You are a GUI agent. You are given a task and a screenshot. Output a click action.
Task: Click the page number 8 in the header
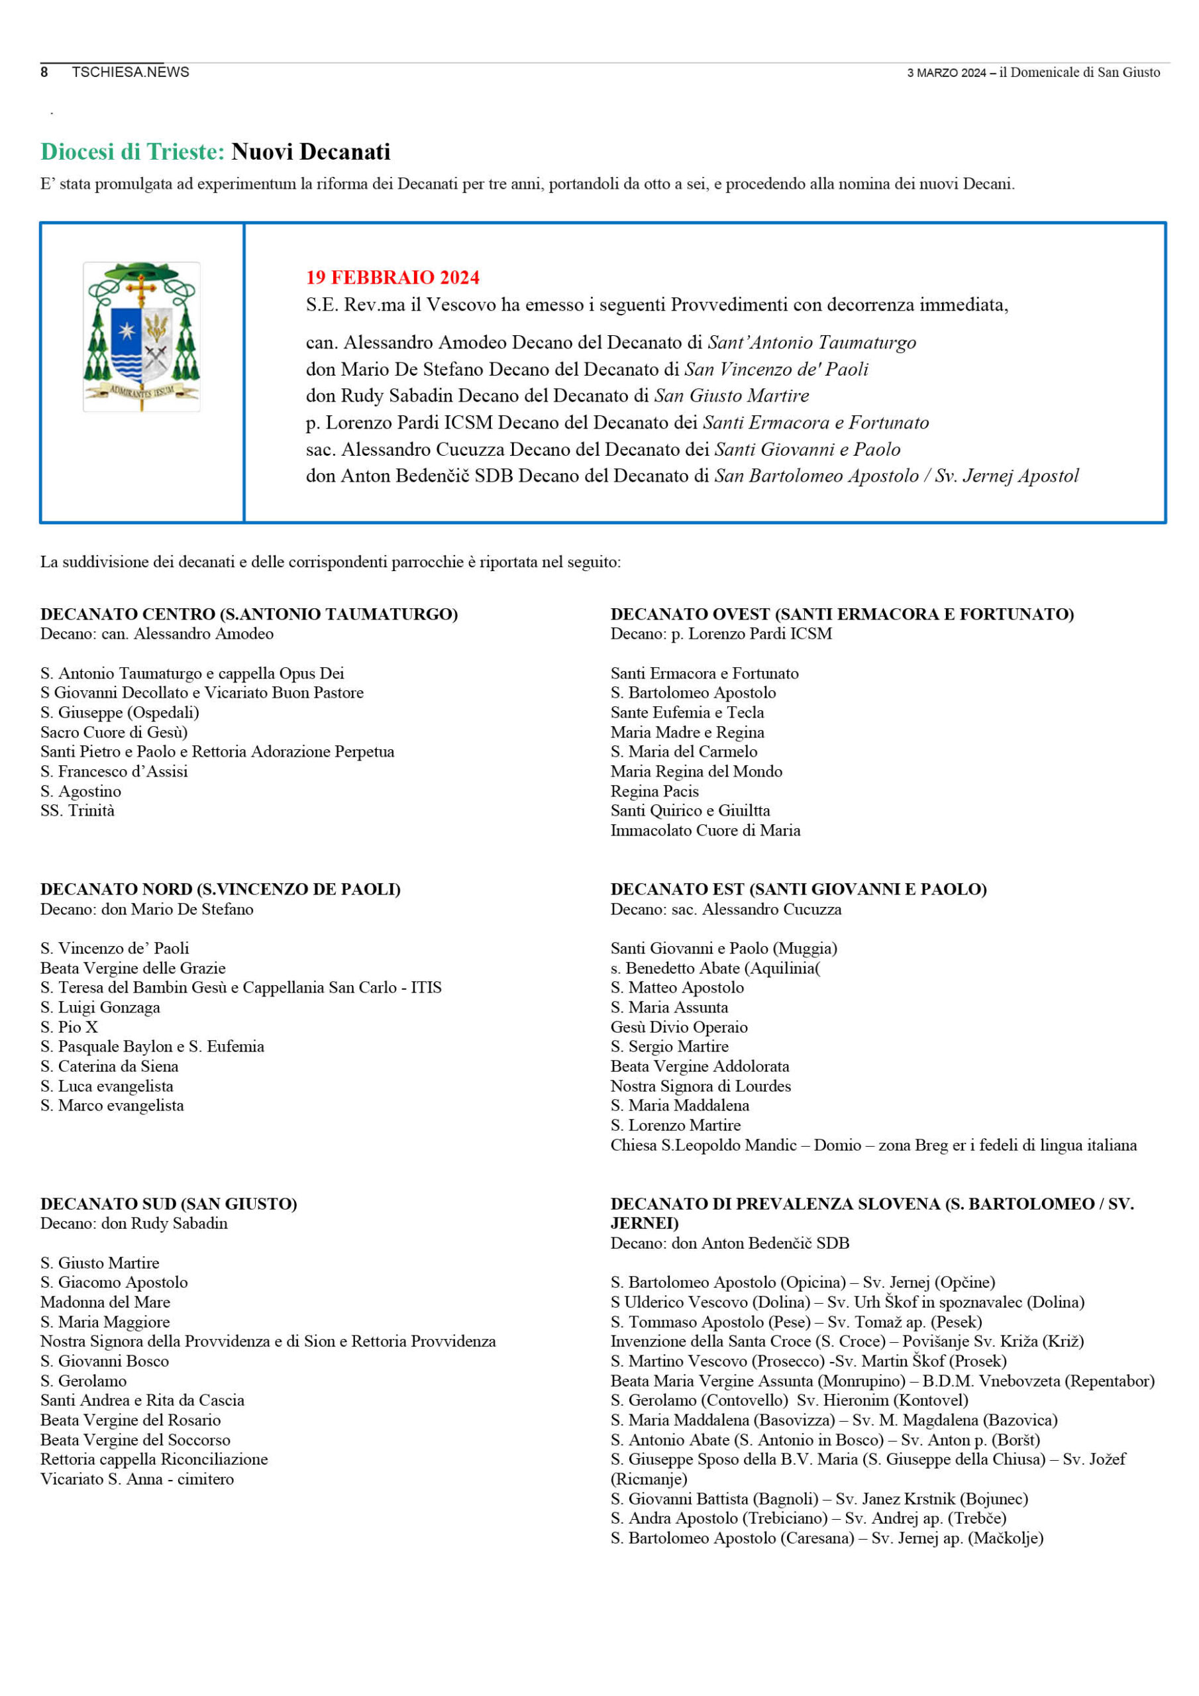(44, 72)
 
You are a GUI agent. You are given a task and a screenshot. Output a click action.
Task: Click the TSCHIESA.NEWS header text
(130, 72)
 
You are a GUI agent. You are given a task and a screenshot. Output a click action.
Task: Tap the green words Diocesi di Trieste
(132, 152)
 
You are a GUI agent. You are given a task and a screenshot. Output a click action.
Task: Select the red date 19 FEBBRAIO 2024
(392, 277)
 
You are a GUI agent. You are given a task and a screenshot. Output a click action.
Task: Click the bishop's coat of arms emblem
(141, 336)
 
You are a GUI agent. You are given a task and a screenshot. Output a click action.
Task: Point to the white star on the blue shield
(127, 330)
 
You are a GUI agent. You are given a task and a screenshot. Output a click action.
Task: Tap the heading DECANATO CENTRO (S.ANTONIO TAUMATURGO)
(249, 614)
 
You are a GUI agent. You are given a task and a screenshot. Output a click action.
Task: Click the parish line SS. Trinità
(78, 810)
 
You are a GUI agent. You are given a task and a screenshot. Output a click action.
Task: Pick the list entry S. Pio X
(69, 1027)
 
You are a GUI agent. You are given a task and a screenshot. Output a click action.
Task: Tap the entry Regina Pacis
(654, 791)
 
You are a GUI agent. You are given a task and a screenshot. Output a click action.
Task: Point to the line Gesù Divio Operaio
(678, 1027)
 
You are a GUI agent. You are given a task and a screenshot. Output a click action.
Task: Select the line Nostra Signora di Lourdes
(700, 1086)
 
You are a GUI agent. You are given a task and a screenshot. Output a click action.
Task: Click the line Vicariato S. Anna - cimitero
(136, 1479)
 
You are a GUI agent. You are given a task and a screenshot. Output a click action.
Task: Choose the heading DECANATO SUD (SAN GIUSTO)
(168, 1204)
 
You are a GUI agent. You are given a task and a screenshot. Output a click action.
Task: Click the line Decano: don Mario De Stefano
(146, 910)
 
